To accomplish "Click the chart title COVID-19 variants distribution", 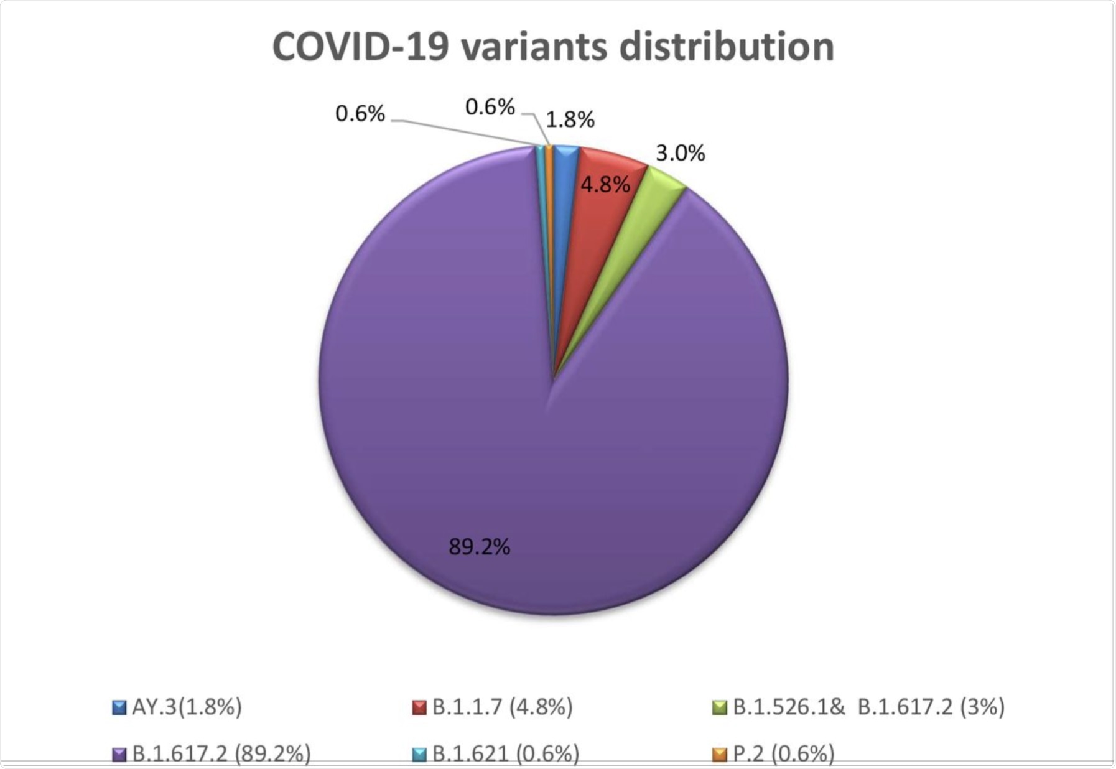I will (x=552, y=47).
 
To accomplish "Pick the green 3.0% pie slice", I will (x=659, y=184).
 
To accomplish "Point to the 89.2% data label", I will (x=479, y=547).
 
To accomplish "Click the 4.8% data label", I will (x=605, y=185).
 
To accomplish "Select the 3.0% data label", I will (x=680, y=153).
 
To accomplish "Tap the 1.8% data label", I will (x=570, y=119).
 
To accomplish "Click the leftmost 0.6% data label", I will (x=360, y=114).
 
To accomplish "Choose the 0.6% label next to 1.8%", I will (x=490, y=107).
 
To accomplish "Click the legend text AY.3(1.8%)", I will (x=187, y=707).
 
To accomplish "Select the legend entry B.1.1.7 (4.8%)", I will (x=502, y=707).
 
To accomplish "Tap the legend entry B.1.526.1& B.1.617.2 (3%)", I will (x=868, y=707).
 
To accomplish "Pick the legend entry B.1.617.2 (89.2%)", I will (x=221, y=753).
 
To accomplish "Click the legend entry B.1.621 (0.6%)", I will (x=505, y=753).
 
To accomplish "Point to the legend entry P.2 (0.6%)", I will (x=783, y=753).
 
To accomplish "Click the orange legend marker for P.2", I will (x=720, y=755).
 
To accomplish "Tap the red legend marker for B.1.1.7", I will (x=419, y=708).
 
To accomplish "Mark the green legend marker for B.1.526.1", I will (x=720, y=708).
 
